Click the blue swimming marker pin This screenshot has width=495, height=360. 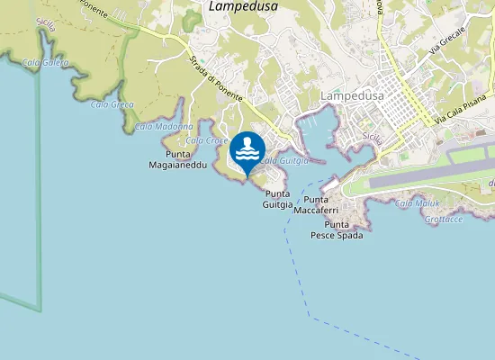pyautogui.click(x=247, y=150)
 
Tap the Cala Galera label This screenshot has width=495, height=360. pyautogui.click(x=44, y=61)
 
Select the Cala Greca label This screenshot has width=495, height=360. pyautogui.click(x=112, y=105)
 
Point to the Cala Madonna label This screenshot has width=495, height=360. pyautogui.click(x=164, y=127)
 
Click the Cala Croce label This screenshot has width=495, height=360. pyautogui.click(x=207, y=140)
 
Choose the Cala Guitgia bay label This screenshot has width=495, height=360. pyautogui.click(x=283, y=160)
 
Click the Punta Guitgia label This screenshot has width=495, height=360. pyautogui.click(x=278, y=199)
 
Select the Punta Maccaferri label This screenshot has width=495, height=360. pyautogui.click(x=325, y=204)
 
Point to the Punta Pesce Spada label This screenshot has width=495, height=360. pyautogui.click(x=337, y=229)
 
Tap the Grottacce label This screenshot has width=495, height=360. pyautogui.click(x=445, y=219)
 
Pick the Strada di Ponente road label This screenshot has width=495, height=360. pyautogui.click(x=212, y=86)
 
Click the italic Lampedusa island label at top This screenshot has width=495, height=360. pyautogui.click(x=243, y=6)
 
